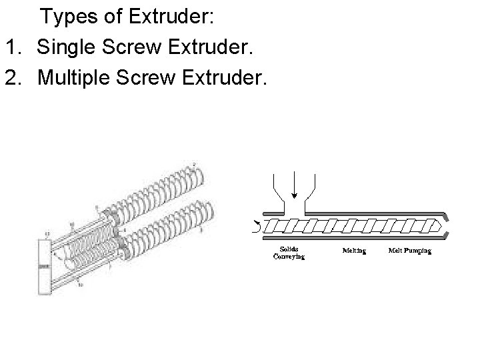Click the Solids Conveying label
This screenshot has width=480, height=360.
[x=289, y=253]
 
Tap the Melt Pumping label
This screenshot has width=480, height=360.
[x=409, y=251]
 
